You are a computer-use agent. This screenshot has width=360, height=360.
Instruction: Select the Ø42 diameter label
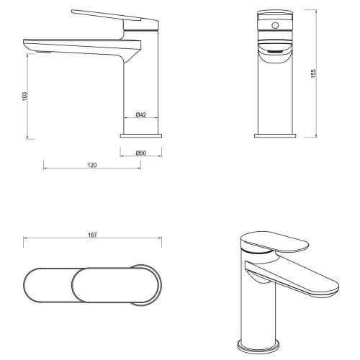point(141,114)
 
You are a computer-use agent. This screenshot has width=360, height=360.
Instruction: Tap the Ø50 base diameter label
point(141,153)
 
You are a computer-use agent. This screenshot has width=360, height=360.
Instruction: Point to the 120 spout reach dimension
point(92,165)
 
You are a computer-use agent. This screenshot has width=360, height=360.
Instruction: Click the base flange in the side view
point(141,135)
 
